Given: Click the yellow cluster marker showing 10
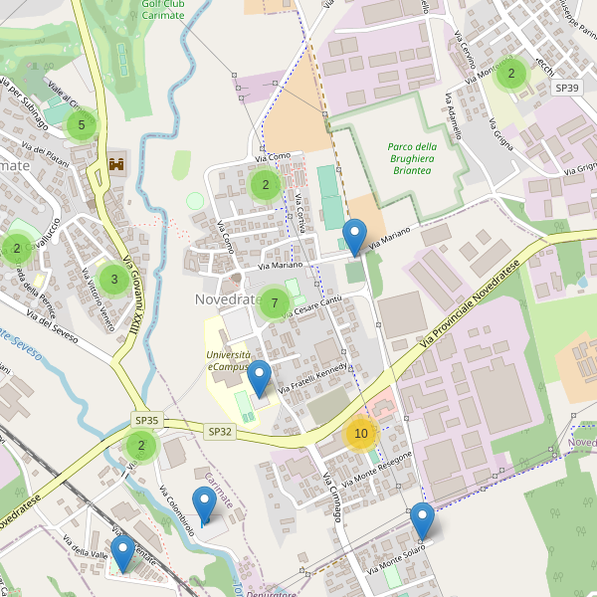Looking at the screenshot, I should pyautogui.click(x=361, y=433).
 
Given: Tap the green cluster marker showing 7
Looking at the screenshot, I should pyautogui.click(x=275, y=302).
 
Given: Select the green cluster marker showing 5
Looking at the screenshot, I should pyautogui.click(x=82, y=125).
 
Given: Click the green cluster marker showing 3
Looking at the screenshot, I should pyautogui.click(x=114, y=280).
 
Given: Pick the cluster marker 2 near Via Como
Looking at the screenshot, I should pyautogui.click(x=265, y=184).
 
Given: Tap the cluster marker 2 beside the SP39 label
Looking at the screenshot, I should pyautogui.click(x=510, y=73).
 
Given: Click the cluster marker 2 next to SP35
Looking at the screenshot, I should pyautogui.click(x=141, y=446).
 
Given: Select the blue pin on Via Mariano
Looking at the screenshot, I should pyautogui.click(x=353, y=237).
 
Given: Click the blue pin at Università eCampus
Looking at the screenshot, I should pyautogui.click(x=259, y=379).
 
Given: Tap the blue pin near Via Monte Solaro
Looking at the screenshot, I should pyautogui.click(x=422, y=520).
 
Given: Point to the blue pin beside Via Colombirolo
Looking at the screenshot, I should pyautogui.click(x=203, y=506).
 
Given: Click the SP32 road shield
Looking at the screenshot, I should pyautogui.click(x=220, y=432).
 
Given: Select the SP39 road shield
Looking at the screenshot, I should pyautogui.click(x=566, y=88).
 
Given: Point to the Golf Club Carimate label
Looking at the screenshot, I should pyautogui.click(x=163, y=9).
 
